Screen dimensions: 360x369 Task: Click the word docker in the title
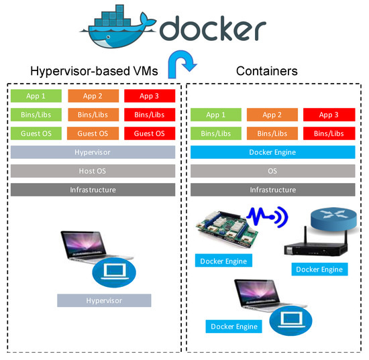coord(213,29)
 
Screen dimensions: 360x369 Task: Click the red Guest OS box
coord(149,133)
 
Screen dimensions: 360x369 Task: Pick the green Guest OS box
coord(36,133)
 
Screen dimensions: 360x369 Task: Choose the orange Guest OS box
coord(93,133)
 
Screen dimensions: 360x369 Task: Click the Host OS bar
coord(93,171)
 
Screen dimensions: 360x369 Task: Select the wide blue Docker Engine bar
coord(272,152)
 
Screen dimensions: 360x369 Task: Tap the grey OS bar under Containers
coord(272,171)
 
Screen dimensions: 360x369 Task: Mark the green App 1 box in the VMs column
coord(36,96)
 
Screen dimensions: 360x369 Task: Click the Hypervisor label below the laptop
coord(104,301)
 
